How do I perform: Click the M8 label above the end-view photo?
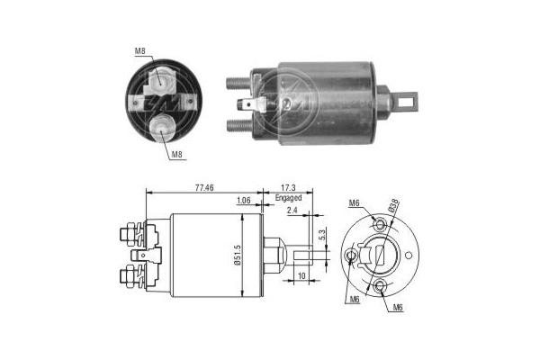point(140,52)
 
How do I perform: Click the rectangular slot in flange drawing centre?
point(381,256)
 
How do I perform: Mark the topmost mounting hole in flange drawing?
point(378,221)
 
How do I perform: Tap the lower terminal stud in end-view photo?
point(162,123)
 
